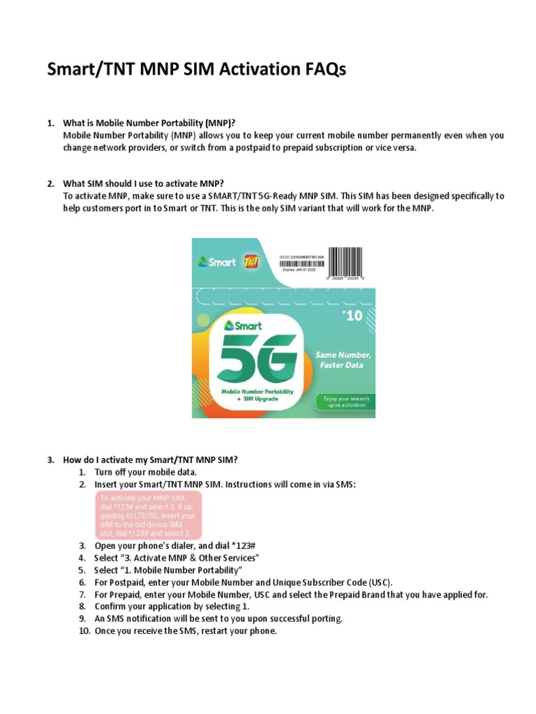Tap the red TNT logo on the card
(252, 263)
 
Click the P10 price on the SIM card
(352, 315)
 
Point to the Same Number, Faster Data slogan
(345, 360)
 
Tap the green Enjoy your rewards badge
(345, 402)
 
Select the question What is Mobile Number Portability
(154, 123)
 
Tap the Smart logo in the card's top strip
(217, 263)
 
